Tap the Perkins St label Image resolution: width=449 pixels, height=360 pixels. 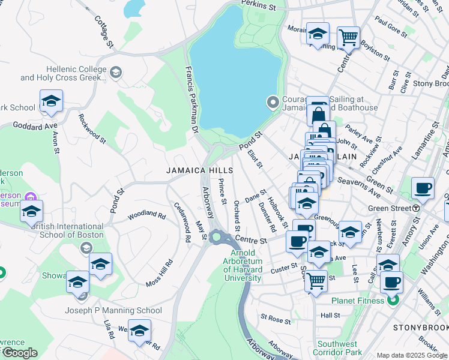tap(259, 7)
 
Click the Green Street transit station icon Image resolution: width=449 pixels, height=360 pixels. tap(416, 208)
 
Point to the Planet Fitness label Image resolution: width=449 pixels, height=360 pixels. tap(358, 301)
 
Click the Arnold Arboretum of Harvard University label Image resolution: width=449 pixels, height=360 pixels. tap(243, 266)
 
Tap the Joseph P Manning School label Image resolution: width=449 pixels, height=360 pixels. tap(113, 310)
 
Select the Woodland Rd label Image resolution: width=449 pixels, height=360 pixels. tap(146, 214)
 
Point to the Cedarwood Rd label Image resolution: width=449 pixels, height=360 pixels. tap(181, 221)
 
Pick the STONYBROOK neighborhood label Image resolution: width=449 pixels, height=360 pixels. tap(420, 328)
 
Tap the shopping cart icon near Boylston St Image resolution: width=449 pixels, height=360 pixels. tap(348, 37)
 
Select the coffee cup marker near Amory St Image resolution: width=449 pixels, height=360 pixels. tap(423, 188)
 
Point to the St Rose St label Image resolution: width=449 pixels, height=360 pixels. tap(276, 317)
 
